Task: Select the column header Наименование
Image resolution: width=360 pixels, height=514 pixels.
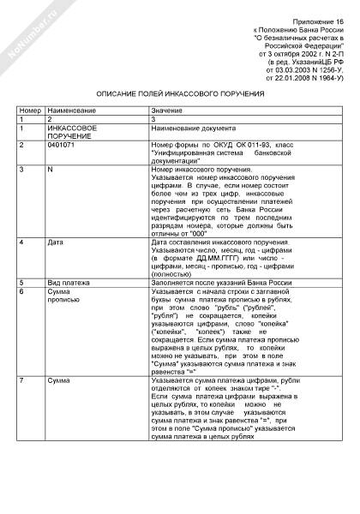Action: (72, 111)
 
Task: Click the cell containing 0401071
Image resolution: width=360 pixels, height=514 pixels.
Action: (62, 146)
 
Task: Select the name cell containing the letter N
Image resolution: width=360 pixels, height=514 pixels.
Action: (51, 171)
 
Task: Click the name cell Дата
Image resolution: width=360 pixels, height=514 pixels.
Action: (56, 243)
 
